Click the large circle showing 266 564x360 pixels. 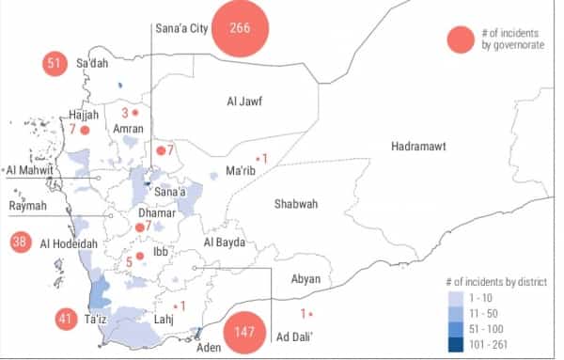click(x=240, y=27)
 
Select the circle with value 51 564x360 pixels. click(x=53, y=64)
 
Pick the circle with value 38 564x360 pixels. click(x=19, y=242)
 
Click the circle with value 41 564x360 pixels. click(x=65, y=320)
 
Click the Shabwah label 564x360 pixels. click(x=296, y=204)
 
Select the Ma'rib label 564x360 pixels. click(x=242, y=171)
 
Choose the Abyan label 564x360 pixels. click(x=306, y=278)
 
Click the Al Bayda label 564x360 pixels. click(x=224, y=243)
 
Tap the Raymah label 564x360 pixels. click(x=27, y=206)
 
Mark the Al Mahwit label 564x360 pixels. click(x=30, y=170)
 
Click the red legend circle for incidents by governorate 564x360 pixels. click(x=461, y=39)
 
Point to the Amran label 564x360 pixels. click(x=128, y=129)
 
